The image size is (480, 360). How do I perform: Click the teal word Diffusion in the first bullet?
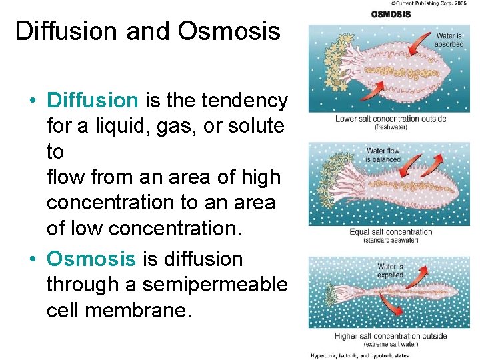pos(92,101)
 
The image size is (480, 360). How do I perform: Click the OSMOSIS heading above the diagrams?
pos(391,14)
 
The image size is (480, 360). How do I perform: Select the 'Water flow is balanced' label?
pos(383,155)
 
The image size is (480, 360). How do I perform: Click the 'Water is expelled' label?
pos(390,271)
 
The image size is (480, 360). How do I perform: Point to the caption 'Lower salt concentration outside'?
pos(391,119)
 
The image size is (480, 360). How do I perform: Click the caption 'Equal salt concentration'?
pos(391,233)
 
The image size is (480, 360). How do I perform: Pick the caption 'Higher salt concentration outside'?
pos(391,337)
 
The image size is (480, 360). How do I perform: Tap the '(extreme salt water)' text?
pos(391,344)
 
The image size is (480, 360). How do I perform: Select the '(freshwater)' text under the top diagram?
pos(391,127)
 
